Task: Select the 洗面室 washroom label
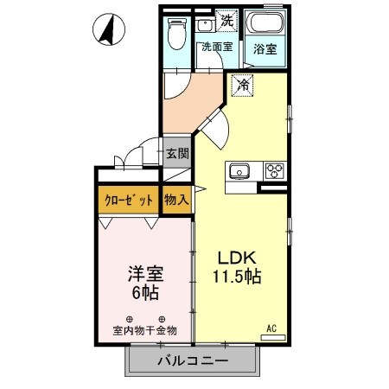click(216, 48)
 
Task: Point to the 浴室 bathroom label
click(265, 50)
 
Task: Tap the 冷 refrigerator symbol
click(244, 85)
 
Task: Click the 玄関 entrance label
click(175, 157)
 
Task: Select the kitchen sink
click(239, 170)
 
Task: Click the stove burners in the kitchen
click(275, 169)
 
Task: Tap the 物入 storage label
click(176, 200)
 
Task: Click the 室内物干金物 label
click(144, 329)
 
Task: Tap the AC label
click(271, 328)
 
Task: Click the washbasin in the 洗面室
click(205, 25)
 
